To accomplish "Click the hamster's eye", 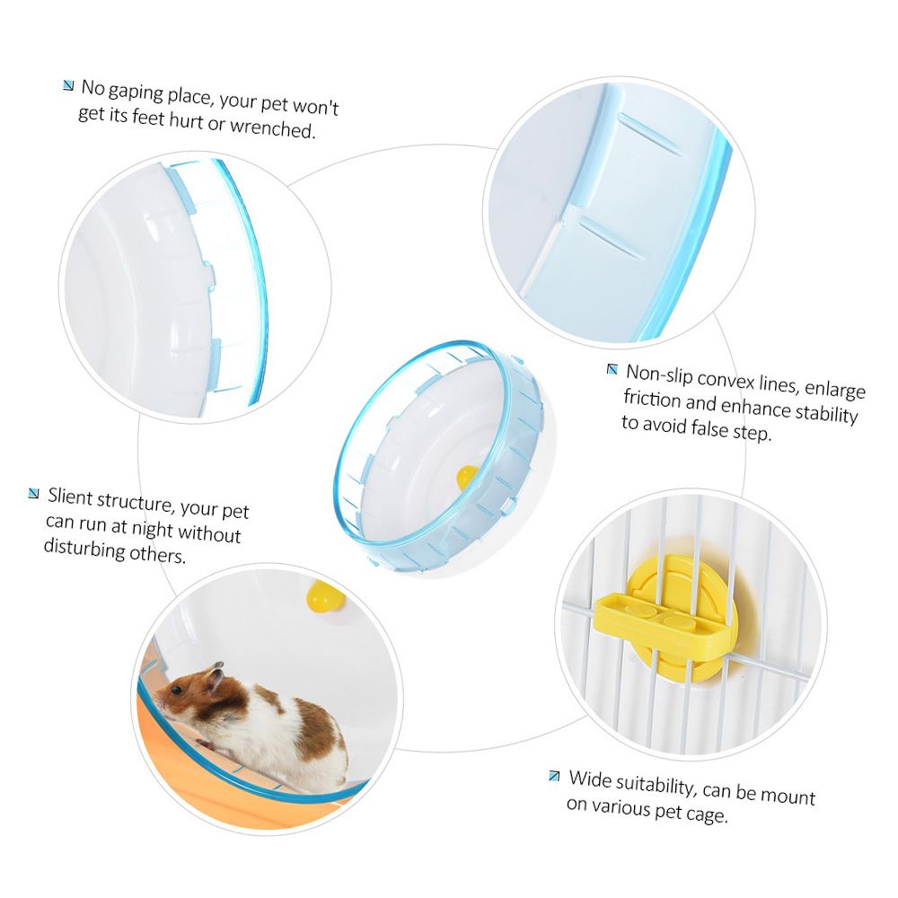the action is (x=177, y=691).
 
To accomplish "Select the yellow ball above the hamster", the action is (x=325, y=596).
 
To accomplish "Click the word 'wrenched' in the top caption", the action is (x=273, y=128).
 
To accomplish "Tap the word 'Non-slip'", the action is (x=659, y=375).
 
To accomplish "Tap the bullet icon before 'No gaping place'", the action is (x=68, y=86).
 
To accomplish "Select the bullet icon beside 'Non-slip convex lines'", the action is (x=612, y=369).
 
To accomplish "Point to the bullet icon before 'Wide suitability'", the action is (x=554, y=776).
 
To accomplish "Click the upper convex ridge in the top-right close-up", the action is (x=650, y=132).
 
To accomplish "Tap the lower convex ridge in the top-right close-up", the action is (x=610, y=236).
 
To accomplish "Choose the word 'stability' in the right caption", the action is (x=824, y=412).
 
